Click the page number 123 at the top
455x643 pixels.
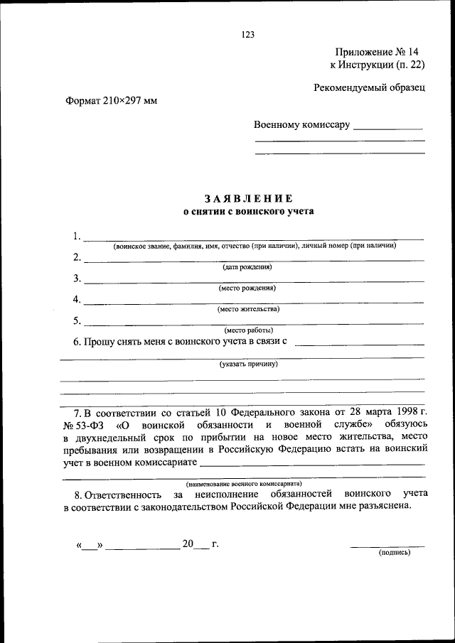tap(247, 34)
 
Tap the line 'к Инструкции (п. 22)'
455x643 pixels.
tap(378, 65)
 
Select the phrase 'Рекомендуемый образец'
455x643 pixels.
tap(370, 87)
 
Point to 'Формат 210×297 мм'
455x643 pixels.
tap(111, 100)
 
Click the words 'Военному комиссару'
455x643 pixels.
tap(302, 125)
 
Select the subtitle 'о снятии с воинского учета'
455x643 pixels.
tap(248, 211)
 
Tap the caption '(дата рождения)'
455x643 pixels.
tap(247, 267)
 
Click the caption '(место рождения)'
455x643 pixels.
tap(247, 288)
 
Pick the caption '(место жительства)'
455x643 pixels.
tap(248, 309)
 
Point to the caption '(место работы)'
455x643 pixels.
tap(248, 330)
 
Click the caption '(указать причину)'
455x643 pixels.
tap(248, 364)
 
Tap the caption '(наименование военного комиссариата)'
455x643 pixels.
tap(245, 482)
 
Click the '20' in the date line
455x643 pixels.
tap(188, 544)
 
